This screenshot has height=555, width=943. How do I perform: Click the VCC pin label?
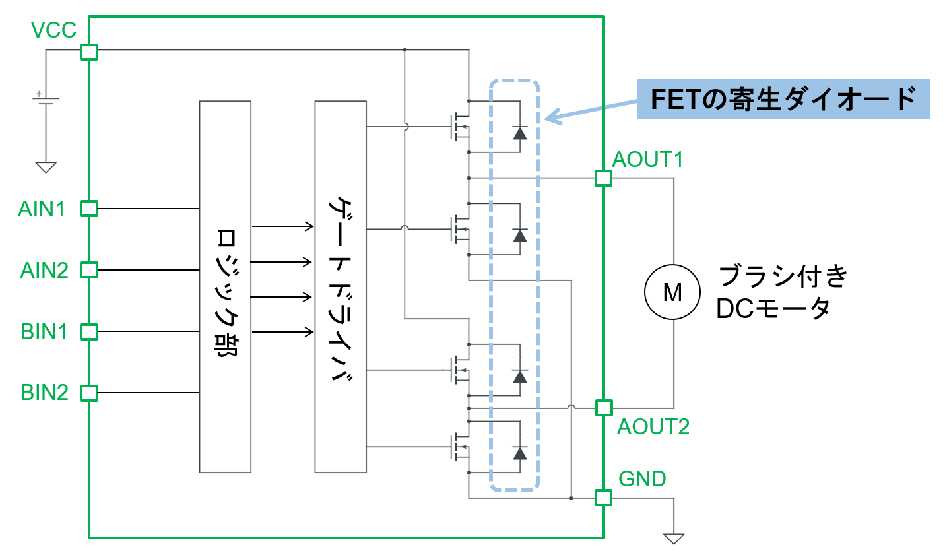coord(53,30)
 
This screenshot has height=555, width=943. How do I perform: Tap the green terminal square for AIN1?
coord(88,209)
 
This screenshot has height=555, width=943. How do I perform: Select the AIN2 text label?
coord(44,271)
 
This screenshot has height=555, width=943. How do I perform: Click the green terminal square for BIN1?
coord(88,331)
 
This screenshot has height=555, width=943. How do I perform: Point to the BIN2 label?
coord(44,393)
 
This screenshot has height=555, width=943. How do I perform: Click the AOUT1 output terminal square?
coord(603,178)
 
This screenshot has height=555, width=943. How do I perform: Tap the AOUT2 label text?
coord(653,427)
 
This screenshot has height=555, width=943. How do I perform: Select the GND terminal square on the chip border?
coord(603,498)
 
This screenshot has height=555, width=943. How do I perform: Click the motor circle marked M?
coord(672,292)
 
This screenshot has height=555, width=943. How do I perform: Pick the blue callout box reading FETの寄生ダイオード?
coord(783,99)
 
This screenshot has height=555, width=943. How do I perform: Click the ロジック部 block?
coord(225,286)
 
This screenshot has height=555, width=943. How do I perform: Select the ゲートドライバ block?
coord(341,286)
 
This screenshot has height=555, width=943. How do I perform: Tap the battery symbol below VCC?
coord(46,100)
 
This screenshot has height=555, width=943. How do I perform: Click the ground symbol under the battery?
coord(46,167)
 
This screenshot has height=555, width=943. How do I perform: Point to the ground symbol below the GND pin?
coord(674,538)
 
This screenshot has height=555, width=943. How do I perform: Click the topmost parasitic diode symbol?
coord(520,133)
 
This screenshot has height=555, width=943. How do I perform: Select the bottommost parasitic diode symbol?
coord(520,453)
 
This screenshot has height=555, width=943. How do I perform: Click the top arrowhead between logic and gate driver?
coord(309,226)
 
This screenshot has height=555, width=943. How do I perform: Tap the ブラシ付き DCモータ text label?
coord(782,292)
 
